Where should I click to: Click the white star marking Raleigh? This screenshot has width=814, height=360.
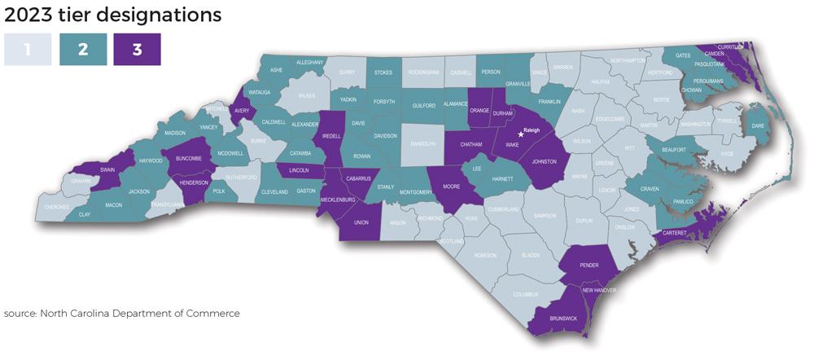521,134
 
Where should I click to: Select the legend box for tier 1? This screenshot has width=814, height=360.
27,50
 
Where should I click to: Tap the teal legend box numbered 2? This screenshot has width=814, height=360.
83,50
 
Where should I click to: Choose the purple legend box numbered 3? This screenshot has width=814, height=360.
137,50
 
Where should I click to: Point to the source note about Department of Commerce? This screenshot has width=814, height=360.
122,313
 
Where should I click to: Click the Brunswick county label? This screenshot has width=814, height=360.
563,318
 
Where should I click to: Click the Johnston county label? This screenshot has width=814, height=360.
543,161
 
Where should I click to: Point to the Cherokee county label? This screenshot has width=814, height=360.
57,207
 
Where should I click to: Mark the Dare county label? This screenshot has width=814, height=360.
756,126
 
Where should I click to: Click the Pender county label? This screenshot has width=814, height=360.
589,265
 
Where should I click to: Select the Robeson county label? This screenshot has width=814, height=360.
485,255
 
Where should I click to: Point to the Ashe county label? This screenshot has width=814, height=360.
277,70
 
